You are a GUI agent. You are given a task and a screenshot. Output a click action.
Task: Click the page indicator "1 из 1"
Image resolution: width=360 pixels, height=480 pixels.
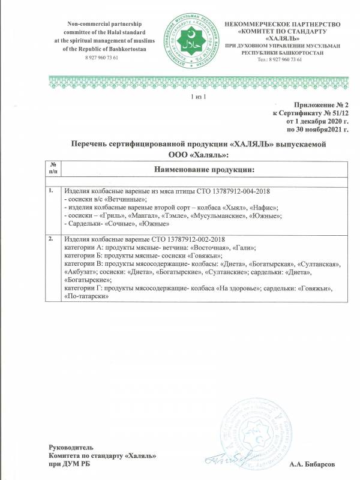pyautogui.click(x=198, y=97)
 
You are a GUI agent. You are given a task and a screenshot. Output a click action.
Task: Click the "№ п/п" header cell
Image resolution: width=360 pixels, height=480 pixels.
pyautogui.click(x=53, y=169)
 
